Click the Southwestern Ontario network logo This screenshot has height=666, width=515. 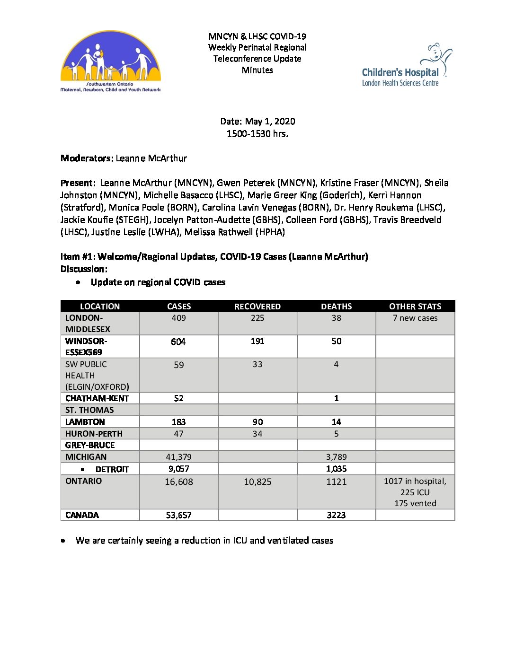tap(111, 61)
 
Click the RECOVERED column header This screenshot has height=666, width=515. tap(257, 307)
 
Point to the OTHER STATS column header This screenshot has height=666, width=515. tap(415, 307)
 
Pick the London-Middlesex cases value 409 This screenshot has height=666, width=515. tap(179, 318)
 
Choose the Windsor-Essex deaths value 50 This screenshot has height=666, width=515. tap(337, 341)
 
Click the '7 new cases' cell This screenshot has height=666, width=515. tap(415, 318)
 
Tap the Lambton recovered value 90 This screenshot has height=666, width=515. tap(257, 422)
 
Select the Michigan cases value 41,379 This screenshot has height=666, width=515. tap(179, 457)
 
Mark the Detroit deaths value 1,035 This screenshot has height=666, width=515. tap(337, 469)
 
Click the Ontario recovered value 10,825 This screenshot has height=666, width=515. tap(257, 482)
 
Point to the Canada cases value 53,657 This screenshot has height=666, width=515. tap(179, 515)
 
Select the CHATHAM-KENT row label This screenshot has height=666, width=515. tap(97, 398)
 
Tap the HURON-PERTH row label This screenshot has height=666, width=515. tap(94, 434)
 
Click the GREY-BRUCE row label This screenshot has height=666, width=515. tap(90, 445)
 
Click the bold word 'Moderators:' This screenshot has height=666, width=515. tap(87, 158)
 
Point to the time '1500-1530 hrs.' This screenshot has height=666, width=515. tap(257, 134)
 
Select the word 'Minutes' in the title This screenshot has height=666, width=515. tap(257, 70)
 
